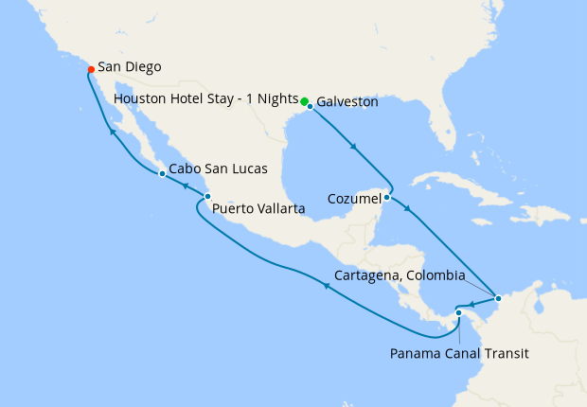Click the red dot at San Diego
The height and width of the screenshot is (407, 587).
[90, 69]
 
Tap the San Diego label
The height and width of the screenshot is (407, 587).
[129, 67]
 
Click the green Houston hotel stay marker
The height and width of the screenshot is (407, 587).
[304, 100]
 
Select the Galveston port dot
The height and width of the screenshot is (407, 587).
[310, 106]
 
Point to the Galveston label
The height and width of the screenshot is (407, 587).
[347, 101]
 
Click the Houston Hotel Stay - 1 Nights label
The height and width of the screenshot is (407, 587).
[205, 98]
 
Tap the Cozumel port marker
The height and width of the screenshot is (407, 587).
[387, 198]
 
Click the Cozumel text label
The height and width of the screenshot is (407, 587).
[354, 199]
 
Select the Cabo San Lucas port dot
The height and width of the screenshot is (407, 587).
[162, 174]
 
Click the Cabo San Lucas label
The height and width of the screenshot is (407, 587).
[217, 169]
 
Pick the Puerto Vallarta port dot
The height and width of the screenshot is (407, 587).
[207, 197]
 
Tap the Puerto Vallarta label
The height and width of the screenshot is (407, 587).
[258, 208]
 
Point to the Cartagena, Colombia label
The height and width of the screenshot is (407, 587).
[400, 276]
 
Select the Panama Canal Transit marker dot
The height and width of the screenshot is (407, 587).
[457, 312]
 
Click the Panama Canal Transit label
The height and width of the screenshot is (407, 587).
[458, 354]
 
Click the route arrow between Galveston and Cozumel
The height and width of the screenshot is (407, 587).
[354, 147]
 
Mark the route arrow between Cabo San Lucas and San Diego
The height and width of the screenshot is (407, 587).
[112, 133]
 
